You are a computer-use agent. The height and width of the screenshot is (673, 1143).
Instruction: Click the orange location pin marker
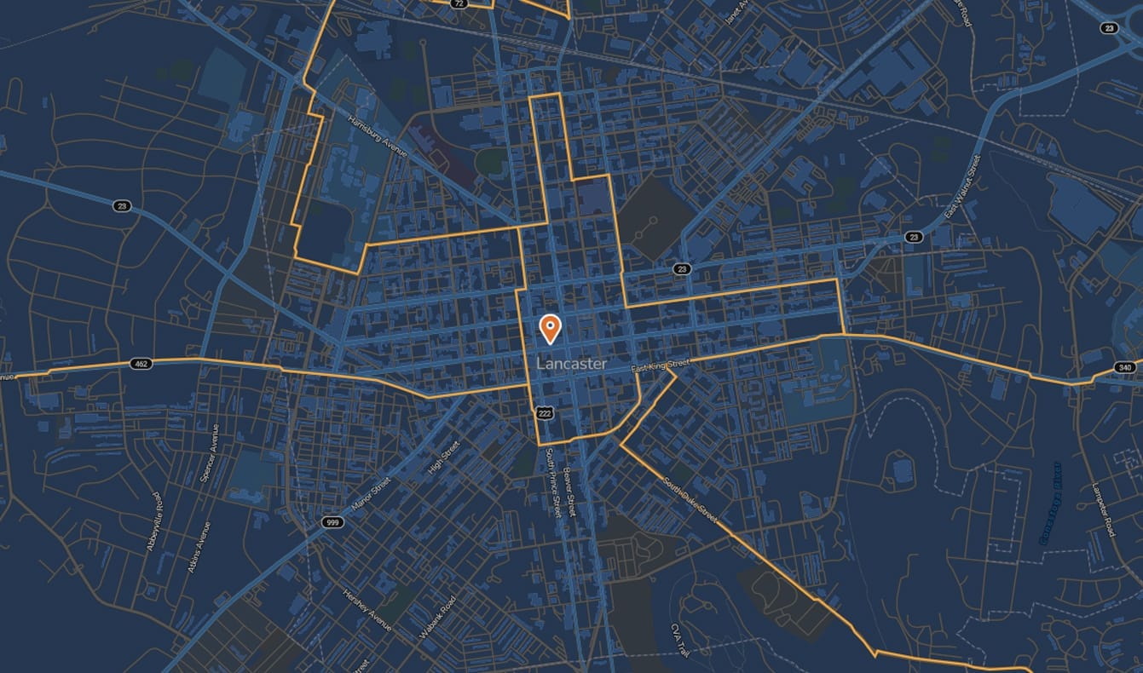(x=551, y=328)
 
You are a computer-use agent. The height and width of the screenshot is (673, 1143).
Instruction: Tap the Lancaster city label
(x=572, y=364)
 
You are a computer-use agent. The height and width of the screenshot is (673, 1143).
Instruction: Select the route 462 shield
(x=141, y=364)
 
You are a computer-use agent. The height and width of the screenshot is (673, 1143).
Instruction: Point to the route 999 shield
(x=332, y=521)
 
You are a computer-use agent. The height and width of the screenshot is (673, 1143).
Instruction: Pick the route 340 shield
(x=1124, y=368)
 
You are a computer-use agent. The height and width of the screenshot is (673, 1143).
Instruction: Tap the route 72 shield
(x=460, y=3)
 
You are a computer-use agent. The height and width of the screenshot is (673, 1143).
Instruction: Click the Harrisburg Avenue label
(x=379, y=135)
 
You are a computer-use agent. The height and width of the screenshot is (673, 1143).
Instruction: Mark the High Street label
(x=444, y=459)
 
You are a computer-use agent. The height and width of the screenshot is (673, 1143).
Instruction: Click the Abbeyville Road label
(x=154, y=521)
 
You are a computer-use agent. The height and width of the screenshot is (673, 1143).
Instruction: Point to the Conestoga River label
(x=1049, y=503)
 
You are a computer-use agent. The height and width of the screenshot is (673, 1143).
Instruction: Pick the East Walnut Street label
(x=963, y=186)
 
